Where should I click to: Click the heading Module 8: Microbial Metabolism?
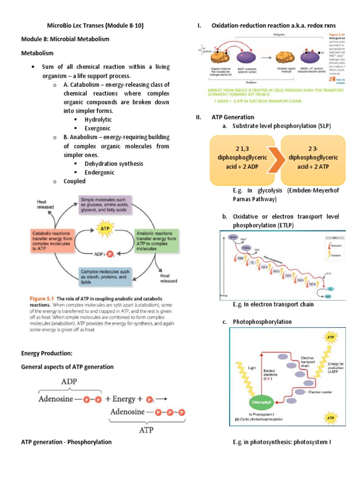pyautogui.click(x=65, y=39)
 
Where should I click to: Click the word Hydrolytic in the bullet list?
pyautogui.click(x=99, y=120)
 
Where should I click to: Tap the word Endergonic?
pyautogui.click(x=99, y=172)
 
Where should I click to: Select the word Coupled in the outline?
pyautogui.click(x=75, y=181)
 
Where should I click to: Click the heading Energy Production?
pyautogui.click(x=46, y=353)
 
